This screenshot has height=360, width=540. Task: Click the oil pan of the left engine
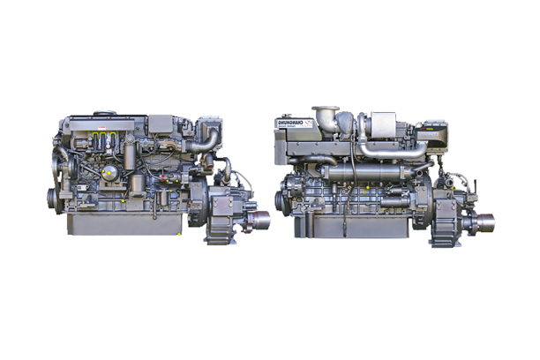point(124,224)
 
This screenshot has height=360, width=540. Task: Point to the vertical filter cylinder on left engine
point(131,162)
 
